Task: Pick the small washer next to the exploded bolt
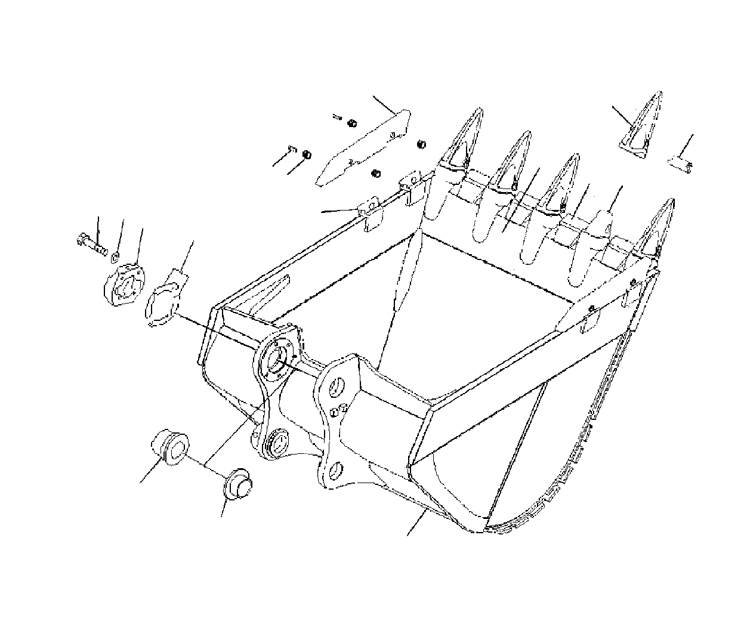[x=115, y=256]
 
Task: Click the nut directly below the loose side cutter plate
[x=376, y=173]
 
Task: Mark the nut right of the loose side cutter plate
[x=421, y=144]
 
